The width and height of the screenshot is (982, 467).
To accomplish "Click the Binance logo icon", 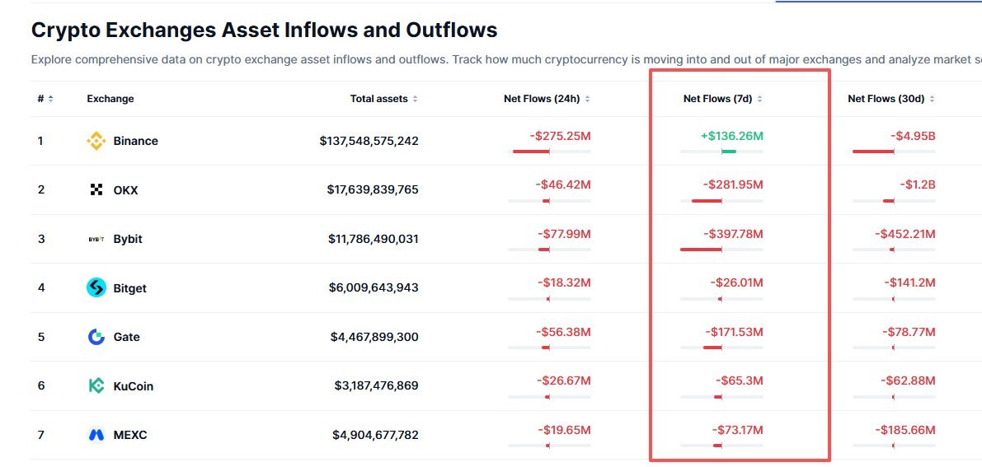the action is (96, 141).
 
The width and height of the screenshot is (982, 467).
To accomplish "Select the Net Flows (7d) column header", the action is (717, 99).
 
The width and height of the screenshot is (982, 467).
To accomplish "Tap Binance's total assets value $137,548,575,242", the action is (369, 141).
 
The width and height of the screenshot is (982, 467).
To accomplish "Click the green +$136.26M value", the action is (731, 136).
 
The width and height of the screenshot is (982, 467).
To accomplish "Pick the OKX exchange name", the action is (125, 189).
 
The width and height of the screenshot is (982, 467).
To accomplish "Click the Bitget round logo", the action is (96, 288).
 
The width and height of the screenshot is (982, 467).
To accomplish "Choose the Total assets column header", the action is (379, 99).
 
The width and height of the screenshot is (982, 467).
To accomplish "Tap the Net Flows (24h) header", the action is (542, 99).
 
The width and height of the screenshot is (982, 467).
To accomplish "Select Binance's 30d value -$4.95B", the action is (913, 136).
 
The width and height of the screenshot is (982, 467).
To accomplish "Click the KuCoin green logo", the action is (96, 386).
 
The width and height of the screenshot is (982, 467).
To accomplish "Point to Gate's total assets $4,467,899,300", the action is (374, 338).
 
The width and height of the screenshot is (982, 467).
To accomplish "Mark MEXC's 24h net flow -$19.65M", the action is (564, 430).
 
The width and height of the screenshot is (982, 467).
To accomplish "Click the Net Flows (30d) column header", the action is (886, 99).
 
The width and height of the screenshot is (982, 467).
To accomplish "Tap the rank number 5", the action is (41, 338).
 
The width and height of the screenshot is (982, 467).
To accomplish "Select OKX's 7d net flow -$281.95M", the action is (733, 184).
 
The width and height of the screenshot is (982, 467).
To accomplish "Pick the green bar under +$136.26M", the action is (729, 152).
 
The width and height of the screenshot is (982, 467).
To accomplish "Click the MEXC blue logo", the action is (96, 435).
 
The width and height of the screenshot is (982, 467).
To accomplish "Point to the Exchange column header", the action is (110, 99).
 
